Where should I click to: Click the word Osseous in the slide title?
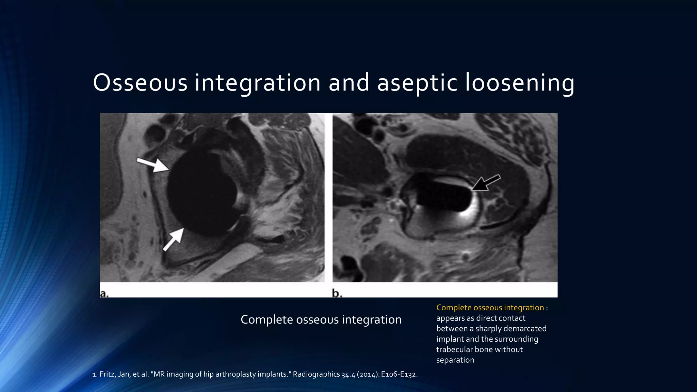pos(140,83)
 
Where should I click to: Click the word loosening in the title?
pos(520,83)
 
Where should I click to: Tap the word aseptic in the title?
pos(417,83)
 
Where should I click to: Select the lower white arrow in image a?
pos(174,239)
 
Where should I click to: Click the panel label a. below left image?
pos(104,293)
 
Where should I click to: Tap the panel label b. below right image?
pos(337,293)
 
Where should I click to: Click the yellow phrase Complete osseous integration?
pos(490,308)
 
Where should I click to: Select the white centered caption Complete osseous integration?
pos(321,320)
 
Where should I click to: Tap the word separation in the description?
pos(455,360)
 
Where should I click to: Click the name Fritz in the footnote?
pos(107,374)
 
